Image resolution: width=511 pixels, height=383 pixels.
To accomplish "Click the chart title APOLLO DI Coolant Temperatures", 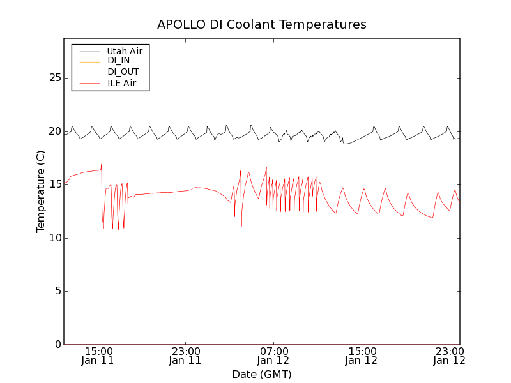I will [262, 25].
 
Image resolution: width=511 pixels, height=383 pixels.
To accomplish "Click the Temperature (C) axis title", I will [41, 191].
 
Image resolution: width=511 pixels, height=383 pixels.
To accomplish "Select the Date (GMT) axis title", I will [262, 374].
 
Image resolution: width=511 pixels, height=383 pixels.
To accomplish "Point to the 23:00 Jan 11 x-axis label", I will [185, 356].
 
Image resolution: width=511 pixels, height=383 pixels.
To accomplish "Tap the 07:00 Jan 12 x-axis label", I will [273, 356].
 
